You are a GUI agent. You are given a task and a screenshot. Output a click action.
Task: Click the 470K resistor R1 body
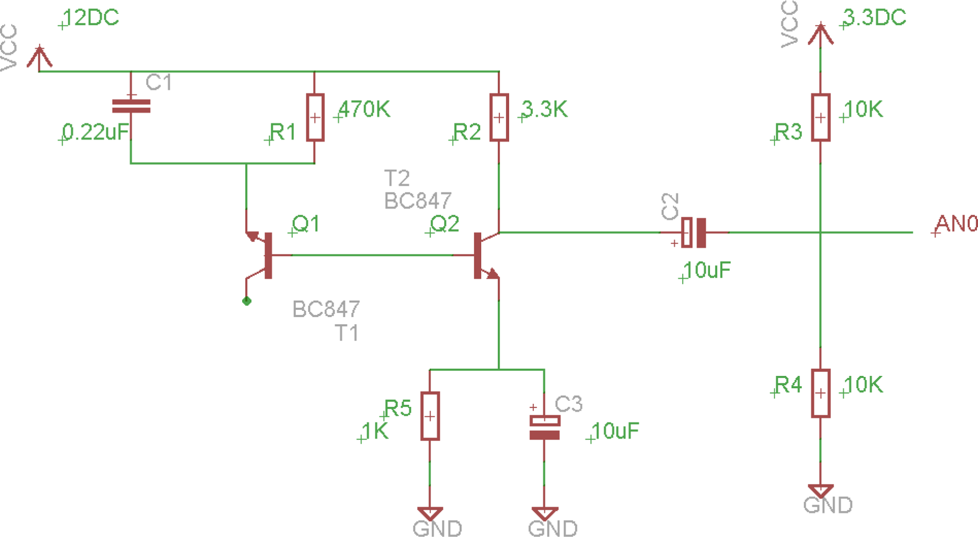315,118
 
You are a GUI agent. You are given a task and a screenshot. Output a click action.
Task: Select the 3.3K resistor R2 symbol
499,118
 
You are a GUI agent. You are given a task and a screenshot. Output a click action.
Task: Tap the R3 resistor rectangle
820,118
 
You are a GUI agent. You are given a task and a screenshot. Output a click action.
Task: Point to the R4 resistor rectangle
820,393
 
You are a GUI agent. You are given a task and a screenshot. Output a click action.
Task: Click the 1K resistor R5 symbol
430,416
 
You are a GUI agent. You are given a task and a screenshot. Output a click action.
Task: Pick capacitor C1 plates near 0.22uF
131,106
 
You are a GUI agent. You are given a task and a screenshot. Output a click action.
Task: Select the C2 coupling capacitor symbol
693,233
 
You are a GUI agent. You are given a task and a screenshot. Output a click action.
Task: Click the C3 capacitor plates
545,427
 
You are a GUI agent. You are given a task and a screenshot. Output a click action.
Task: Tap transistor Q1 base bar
269,256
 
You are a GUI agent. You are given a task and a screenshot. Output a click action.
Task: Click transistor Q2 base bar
477,256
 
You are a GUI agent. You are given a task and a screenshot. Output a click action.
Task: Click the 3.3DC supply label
874,18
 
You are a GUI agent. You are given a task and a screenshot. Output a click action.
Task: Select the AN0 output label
956,223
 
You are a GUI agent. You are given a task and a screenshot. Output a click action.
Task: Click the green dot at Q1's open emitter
247,301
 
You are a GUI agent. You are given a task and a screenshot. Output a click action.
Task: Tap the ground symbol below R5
430,513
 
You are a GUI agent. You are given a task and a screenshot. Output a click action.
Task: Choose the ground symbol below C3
545,513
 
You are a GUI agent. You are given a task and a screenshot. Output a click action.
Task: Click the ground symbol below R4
820,490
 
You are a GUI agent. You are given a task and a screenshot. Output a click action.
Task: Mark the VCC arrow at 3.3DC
820,33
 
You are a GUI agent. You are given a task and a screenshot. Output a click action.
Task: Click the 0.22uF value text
96,132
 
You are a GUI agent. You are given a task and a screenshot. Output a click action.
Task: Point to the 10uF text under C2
707,270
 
